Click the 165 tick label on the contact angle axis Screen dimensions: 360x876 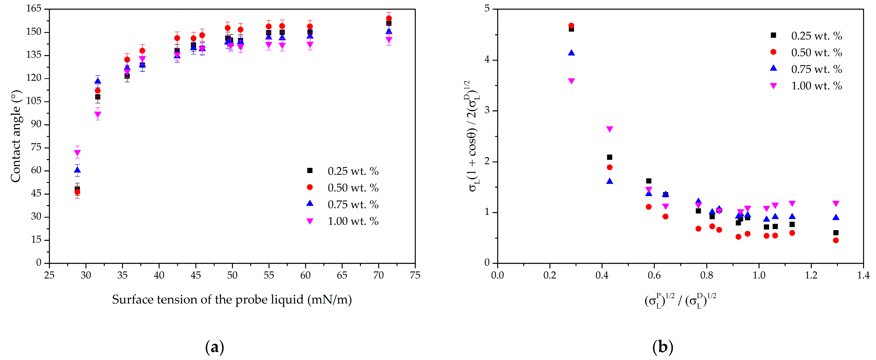tap(34, 8)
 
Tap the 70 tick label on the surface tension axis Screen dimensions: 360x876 tap(378, 275)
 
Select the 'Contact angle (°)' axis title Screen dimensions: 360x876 tap(16, 136)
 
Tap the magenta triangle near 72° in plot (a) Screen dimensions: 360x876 tap(77, 153)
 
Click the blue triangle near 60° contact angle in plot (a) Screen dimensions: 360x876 tap(77, 170)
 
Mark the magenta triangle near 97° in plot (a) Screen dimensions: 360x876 tap(98, 115)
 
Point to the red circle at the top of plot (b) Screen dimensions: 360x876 tap(571, 25)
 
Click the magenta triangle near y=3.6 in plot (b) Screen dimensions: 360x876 tap(571, 81)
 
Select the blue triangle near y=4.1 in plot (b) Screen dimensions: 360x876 tap(571, 53)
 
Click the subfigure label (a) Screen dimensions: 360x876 tap(215, 347)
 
